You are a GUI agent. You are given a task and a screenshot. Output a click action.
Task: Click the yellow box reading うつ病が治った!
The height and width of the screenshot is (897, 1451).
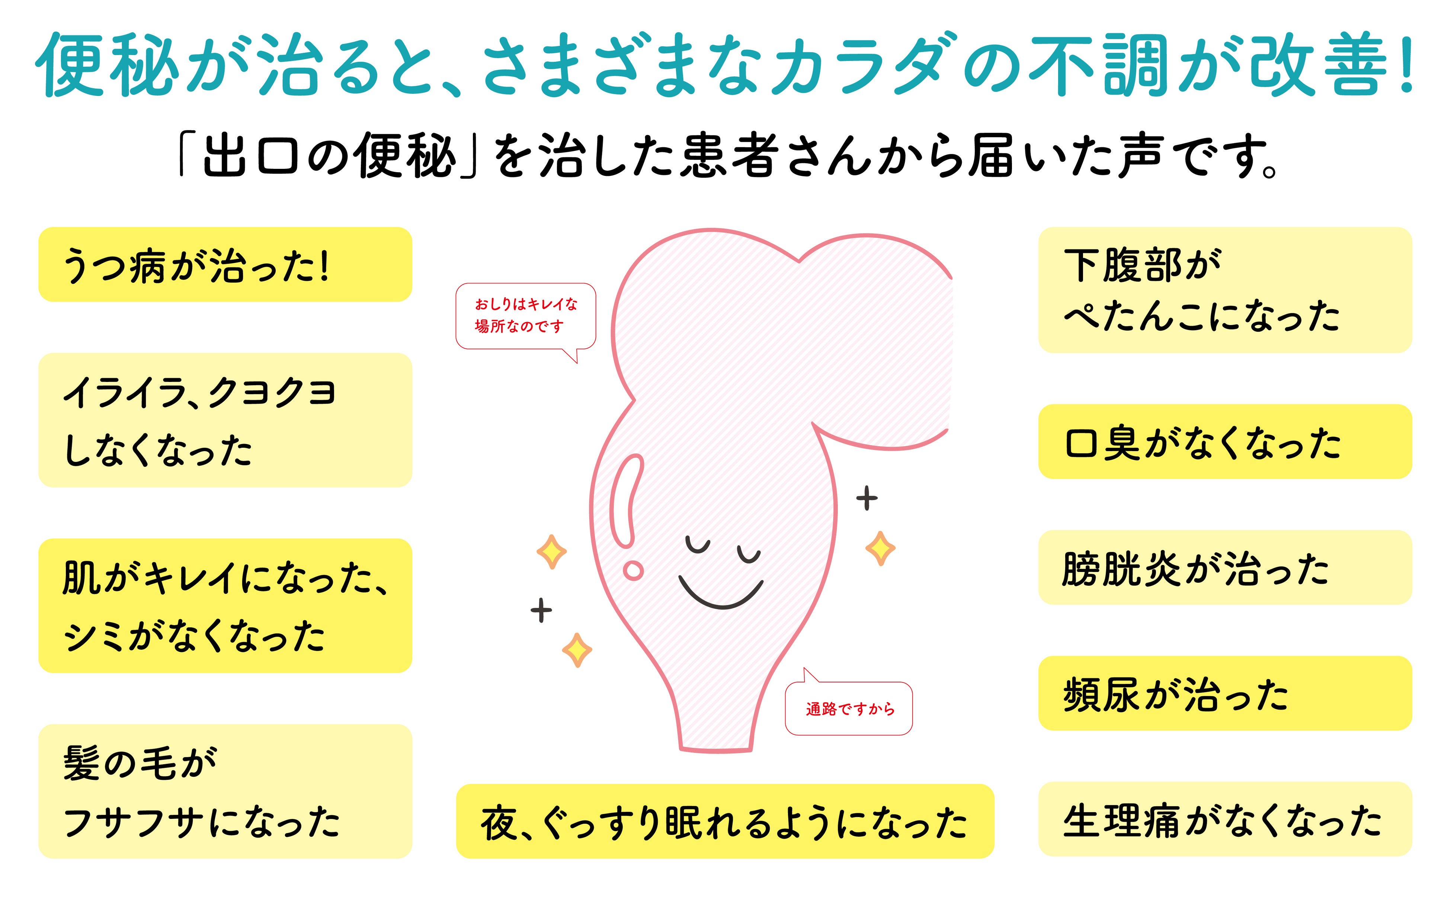[225, 264]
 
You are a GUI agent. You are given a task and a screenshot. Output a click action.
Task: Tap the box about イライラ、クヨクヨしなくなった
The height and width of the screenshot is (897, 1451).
[225, 420]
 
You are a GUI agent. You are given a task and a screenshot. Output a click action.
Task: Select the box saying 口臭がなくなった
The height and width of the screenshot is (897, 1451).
[1224, 442]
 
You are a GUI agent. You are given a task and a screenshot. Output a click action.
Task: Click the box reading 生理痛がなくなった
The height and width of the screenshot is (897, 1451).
[1224, 819]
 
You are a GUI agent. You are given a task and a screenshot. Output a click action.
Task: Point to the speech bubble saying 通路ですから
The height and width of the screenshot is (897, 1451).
[849, 708]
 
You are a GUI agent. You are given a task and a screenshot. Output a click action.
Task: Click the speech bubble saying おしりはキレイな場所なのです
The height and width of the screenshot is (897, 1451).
[525, 316]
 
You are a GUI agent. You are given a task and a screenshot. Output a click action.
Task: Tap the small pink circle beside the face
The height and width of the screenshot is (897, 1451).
[633, 571]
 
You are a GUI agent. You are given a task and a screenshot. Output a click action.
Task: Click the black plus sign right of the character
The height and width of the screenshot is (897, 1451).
[867, 498]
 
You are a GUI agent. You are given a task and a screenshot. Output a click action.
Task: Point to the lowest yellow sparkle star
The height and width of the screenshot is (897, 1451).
[576, 650]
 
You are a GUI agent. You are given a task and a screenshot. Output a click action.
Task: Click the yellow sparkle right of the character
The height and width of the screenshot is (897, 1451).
[880, 548]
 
